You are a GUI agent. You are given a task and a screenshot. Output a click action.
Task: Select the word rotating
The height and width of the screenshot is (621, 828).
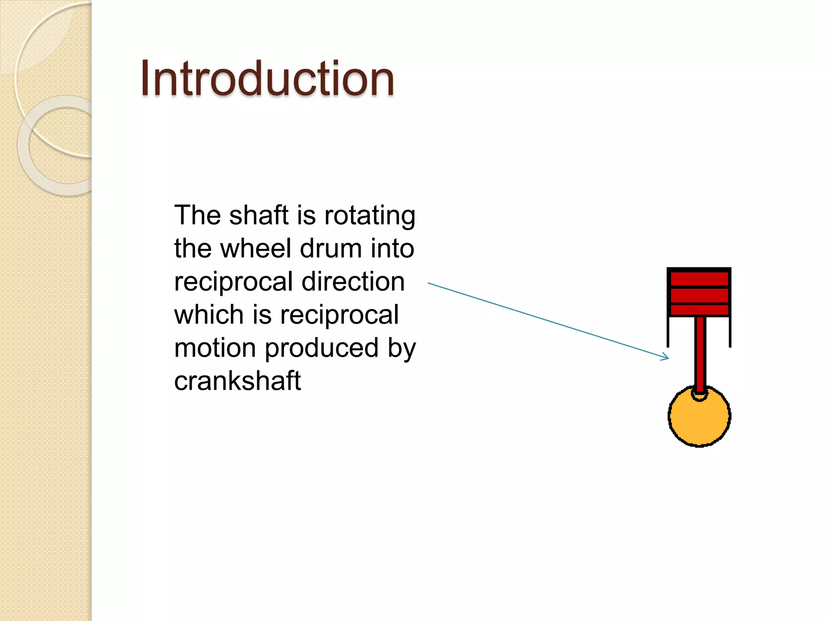coord(370,216)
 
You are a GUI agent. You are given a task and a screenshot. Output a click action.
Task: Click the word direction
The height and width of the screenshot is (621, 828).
coord(353,281)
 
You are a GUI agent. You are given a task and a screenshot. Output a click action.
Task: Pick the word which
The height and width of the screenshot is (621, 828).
coord(209,315)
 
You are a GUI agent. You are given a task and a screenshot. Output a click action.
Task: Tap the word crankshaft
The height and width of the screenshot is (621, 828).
coord(238,381)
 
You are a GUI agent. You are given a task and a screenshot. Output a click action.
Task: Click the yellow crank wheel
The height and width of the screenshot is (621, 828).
coord(699,420)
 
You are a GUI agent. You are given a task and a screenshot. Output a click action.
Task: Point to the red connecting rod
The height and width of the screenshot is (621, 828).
coord(700,352)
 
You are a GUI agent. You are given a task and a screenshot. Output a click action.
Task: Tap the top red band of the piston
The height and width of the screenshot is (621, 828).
coord(699,279)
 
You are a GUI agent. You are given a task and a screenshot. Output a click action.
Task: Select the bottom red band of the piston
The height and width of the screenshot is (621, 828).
coord(699,310)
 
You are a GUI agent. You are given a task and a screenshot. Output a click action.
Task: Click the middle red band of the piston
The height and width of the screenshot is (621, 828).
coord(699,295)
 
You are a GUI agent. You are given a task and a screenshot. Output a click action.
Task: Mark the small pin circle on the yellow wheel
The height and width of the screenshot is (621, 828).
coord(699,395)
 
